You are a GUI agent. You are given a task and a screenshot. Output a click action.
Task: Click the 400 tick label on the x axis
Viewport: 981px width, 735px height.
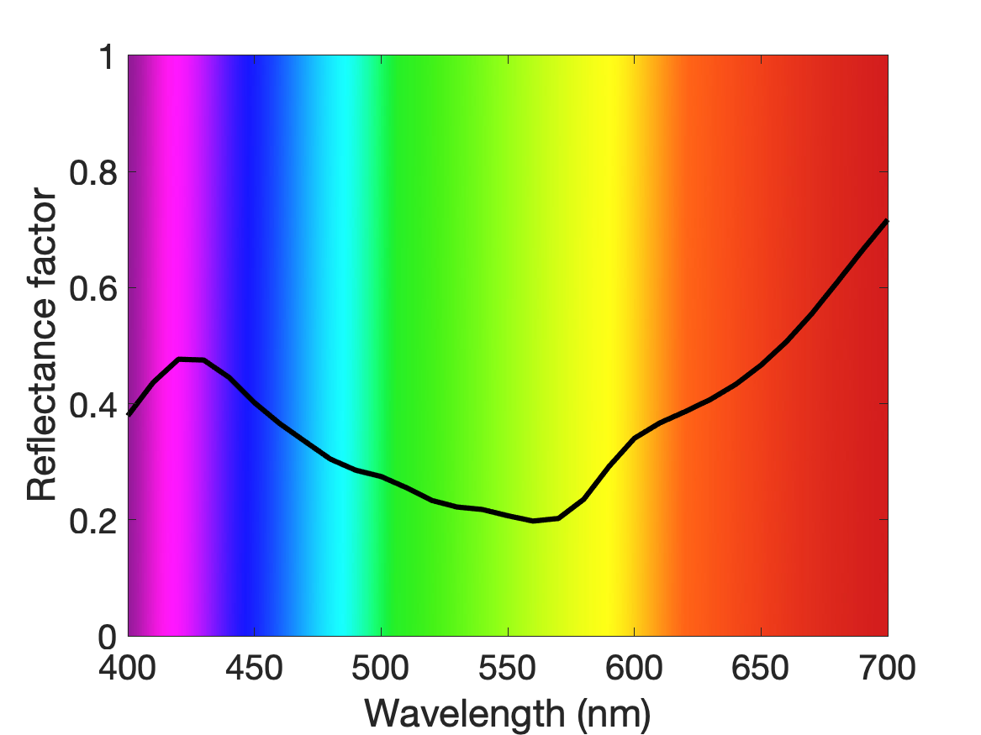pyautogui.click(x=128, y=668)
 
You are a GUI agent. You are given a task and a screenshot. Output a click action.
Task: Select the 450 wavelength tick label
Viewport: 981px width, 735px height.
pyautogui.click(x=254, y=668)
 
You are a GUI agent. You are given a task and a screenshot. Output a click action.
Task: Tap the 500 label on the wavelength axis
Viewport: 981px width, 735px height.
pyautogui.click(x=381, y=668)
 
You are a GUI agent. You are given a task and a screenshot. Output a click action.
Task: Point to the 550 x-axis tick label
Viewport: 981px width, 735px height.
pyautogui.click(x=508, y=668)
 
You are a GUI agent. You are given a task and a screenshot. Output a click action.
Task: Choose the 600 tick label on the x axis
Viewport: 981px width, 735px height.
pyautogui.click(x=634, y=668)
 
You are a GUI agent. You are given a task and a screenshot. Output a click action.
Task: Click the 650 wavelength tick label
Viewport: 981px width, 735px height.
pyautogui.click(x=760, y=668)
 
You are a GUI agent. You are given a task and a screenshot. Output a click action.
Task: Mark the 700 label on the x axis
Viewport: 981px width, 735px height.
pyautogui.click(x=887, y=668)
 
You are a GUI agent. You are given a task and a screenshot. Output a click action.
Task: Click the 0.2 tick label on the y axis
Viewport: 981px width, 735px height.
pyautogui.click(x=93, y=520)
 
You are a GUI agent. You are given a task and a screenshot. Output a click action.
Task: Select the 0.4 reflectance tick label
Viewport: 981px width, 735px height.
pyautogui.click(x=93, y=404)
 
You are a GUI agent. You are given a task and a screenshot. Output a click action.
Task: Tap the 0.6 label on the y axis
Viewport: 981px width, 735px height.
pyautogui.click(x=93, y=288)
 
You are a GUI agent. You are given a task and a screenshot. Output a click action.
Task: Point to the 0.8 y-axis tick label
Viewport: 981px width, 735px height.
pyautogui.click(x=93, y=172)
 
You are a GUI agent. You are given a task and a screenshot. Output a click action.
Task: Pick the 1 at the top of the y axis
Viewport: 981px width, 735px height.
pyautogui.click(x=108, y=56)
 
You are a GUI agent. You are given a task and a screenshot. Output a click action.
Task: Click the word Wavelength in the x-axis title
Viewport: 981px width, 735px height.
pyautogui.click(x=465, y=712)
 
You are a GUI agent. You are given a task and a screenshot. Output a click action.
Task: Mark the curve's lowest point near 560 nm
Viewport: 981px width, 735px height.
pyautogui.click(x=533, y=521)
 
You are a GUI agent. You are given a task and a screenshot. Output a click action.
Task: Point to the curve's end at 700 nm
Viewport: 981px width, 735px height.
pyautogui.click(x=887, y=221)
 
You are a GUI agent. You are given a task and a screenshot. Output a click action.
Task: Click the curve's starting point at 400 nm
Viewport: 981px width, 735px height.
pyautogui.click(x=129, y=414)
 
